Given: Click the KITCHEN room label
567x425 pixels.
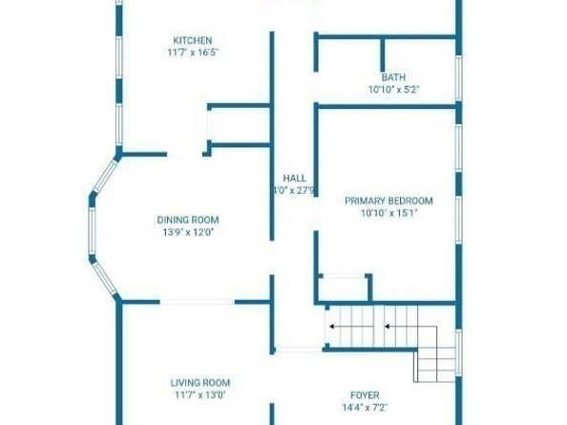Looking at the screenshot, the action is [x=193, y=40].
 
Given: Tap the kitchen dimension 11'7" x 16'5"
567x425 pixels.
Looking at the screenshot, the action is [x=193, y=53].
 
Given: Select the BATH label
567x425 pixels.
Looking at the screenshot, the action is [x=393, y=77].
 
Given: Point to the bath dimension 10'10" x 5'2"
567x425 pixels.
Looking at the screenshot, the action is [x=393, y=90].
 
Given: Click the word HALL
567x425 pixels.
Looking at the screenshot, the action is [x=294, y=178].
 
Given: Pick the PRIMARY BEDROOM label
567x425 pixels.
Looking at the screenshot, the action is [x=388, y=201].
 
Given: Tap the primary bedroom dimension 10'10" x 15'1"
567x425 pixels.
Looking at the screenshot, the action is [x=389, y=213].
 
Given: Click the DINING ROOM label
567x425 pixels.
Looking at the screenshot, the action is [x=188, y=220].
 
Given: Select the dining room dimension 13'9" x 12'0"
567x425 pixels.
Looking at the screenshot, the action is [x=188, y=232].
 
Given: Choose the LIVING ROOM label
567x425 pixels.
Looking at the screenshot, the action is [x=200, y=383].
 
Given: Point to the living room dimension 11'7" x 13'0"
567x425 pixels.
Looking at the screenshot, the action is [x=200, y=394].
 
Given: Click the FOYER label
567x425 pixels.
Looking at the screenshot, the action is [x=365, y=395].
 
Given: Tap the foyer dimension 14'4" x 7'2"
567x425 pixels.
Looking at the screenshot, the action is [x=365, y=408].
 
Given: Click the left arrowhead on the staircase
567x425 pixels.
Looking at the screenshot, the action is [x=331, y=327].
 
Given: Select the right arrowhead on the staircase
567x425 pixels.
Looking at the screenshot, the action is [x=387, y=327].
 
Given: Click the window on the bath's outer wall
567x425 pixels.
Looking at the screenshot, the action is [x=458, y=78].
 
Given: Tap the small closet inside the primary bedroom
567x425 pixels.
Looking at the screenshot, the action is [x=344, y=288].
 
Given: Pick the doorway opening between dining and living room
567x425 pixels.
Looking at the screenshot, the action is [x=197, y=302].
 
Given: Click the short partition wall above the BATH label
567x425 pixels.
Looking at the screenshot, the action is [x=383, y=55].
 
